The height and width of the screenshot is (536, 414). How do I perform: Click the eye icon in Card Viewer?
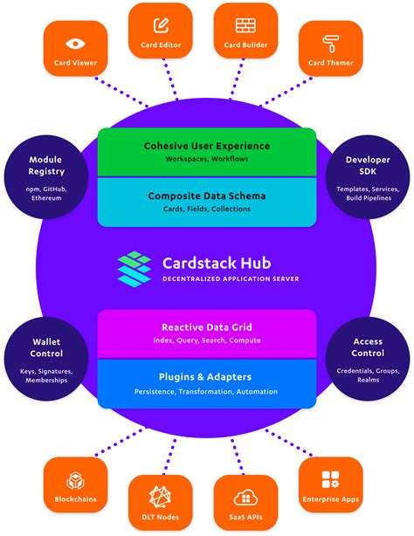pyautogui.click(x=75, y=43)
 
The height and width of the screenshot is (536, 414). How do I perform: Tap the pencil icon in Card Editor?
pyautogui.click(x=161, y=24)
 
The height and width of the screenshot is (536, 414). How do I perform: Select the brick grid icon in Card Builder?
pyautogui.click(x=245, y=24)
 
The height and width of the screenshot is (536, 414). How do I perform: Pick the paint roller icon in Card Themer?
pyautogui.click(x=330, y=43)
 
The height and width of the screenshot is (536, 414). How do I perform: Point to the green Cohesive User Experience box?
pyautogui.click(x=206, y=152)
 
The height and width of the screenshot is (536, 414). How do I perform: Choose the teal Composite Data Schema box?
pyautogui.click(x=206, y=202)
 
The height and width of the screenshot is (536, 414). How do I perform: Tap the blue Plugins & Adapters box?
pyautogui.click(x=206, y=382)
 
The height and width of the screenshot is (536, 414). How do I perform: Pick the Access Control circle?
pyautogui.click(x=368, y=360)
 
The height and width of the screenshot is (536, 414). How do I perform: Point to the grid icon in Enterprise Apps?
pyautogui.click(x=330, y=478)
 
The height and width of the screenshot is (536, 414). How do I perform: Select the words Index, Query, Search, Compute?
pyautogui.click(x=206, y=340)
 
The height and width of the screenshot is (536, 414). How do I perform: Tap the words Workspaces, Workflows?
pyautogui.click(x=206, y=160)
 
